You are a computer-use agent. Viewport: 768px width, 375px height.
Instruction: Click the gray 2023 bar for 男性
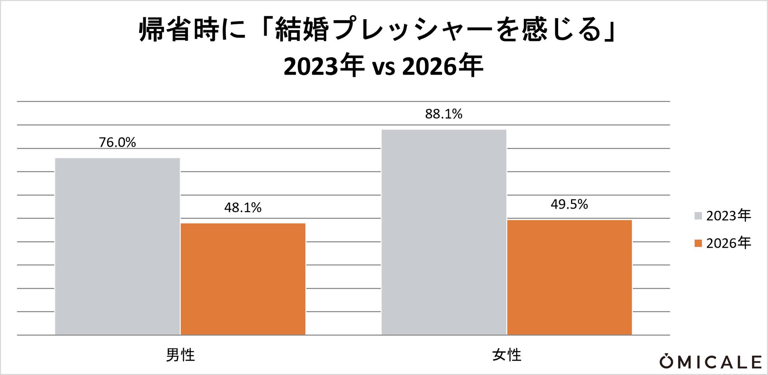117,246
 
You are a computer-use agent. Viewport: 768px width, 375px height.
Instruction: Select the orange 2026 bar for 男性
243,279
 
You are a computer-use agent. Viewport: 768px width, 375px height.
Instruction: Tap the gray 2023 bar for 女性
444,232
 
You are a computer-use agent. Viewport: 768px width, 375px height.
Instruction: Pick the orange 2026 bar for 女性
570,278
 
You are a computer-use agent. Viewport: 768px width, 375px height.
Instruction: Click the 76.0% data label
117,142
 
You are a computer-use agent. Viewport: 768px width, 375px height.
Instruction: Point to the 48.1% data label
243,208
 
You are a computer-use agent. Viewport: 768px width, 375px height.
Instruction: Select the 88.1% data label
444,114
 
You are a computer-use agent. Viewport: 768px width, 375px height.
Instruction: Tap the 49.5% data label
570,204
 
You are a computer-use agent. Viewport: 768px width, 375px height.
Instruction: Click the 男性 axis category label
180,355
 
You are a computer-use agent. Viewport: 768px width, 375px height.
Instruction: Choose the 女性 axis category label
507,355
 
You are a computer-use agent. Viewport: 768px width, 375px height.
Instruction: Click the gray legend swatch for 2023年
698,216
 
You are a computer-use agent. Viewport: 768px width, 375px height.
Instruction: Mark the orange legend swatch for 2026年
698,243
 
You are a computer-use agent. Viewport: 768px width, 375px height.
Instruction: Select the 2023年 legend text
729,216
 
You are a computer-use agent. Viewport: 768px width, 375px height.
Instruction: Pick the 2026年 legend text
729,243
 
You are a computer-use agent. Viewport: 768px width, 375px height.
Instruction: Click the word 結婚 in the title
302,30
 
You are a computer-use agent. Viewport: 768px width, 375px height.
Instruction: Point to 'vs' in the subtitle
383,67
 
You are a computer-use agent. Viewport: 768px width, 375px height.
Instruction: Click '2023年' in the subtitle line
324,66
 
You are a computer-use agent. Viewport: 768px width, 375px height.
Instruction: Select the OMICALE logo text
711,362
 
